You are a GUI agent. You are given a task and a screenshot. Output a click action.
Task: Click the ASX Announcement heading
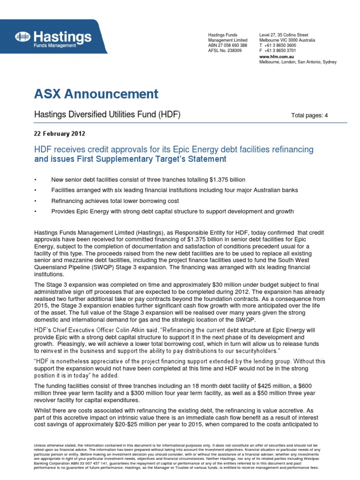96,94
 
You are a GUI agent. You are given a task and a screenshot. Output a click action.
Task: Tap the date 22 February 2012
60,133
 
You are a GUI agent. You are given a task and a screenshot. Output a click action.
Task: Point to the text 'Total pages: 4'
309,115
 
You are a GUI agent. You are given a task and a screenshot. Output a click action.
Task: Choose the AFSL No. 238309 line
225,51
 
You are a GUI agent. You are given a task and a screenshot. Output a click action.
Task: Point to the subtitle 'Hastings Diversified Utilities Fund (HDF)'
107,115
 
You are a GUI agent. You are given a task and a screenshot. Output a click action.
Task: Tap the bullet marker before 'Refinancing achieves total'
36,201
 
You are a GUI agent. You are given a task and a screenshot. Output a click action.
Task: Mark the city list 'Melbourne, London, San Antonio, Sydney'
298,62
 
